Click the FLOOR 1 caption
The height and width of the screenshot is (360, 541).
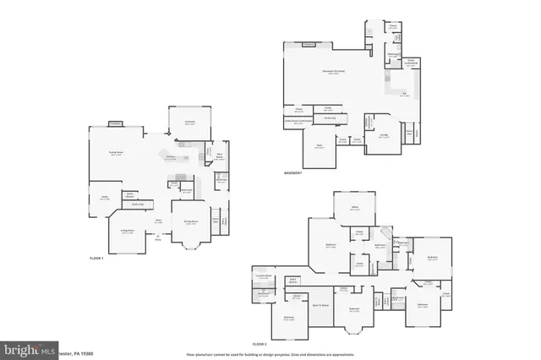click(96, 257)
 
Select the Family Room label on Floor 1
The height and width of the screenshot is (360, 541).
click(116, 153)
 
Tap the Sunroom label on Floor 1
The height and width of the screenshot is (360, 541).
click(190, 122)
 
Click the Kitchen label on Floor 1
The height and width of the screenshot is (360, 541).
click(170, 157)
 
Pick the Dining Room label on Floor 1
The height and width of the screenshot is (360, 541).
click(191, 221)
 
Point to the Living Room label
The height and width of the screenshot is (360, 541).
click(128, 231)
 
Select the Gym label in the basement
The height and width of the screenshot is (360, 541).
click(320, 145)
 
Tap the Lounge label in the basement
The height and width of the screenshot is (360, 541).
click(383, 136)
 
